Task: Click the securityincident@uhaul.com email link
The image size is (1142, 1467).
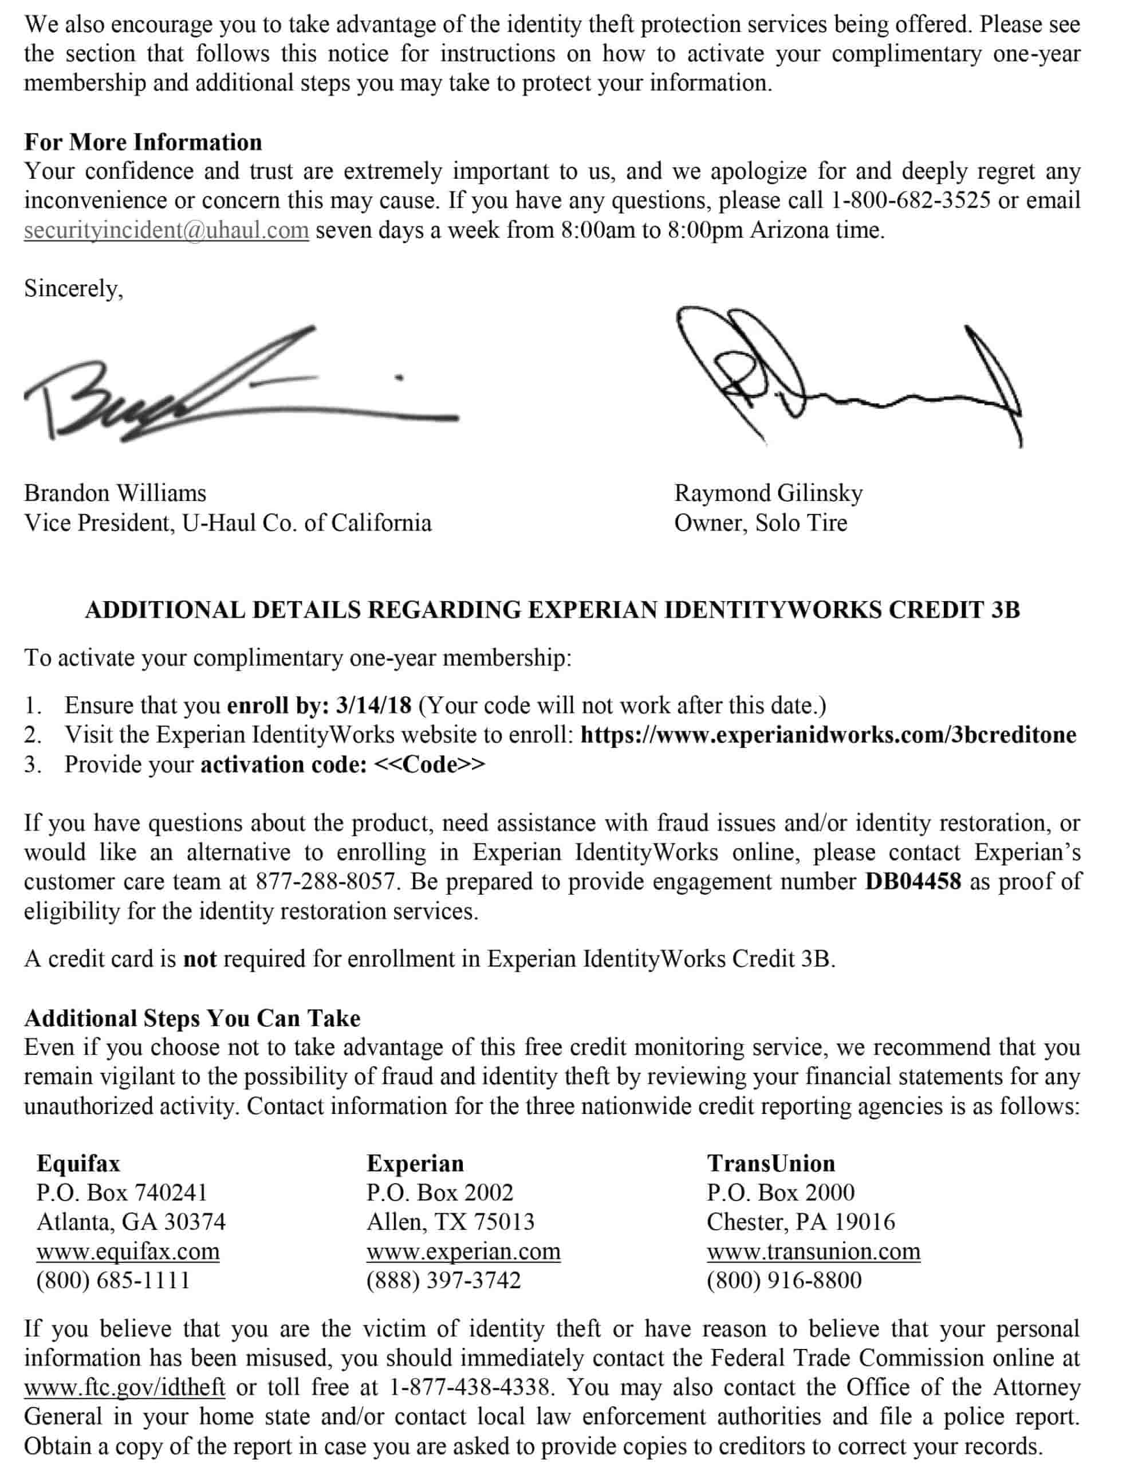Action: coord(166,230)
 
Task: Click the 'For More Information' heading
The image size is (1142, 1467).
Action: coord(143,142)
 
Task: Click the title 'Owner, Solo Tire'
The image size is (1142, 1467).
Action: coord(760,523)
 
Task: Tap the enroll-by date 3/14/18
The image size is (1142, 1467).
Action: coord(373,705)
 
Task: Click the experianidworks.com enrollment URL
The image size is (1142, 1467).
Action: coord(828,735)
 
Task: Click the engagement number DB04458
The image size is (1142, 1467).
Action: coord(912,881)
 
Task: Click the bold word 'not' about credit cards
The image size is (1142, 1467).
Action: coord(199,959)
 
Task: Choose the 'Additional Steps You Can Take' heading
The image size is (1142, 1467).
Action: coord(192,1018)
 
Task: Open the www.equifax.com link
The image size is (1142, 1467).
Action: coord(128,1252)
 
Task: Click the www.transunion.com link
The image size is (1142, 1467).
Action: coord(813,1252)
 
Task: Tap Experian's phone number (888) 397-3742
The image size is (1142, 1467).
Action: coord(443,1280)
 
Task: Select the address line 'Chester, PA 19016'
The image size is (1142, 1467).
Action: coord(800,1222)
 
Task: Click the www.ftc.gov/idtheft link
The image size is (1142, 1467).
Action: coord(124,1387)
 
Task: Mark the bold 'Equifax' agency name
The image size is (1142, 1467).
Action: coord(78,1163)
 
